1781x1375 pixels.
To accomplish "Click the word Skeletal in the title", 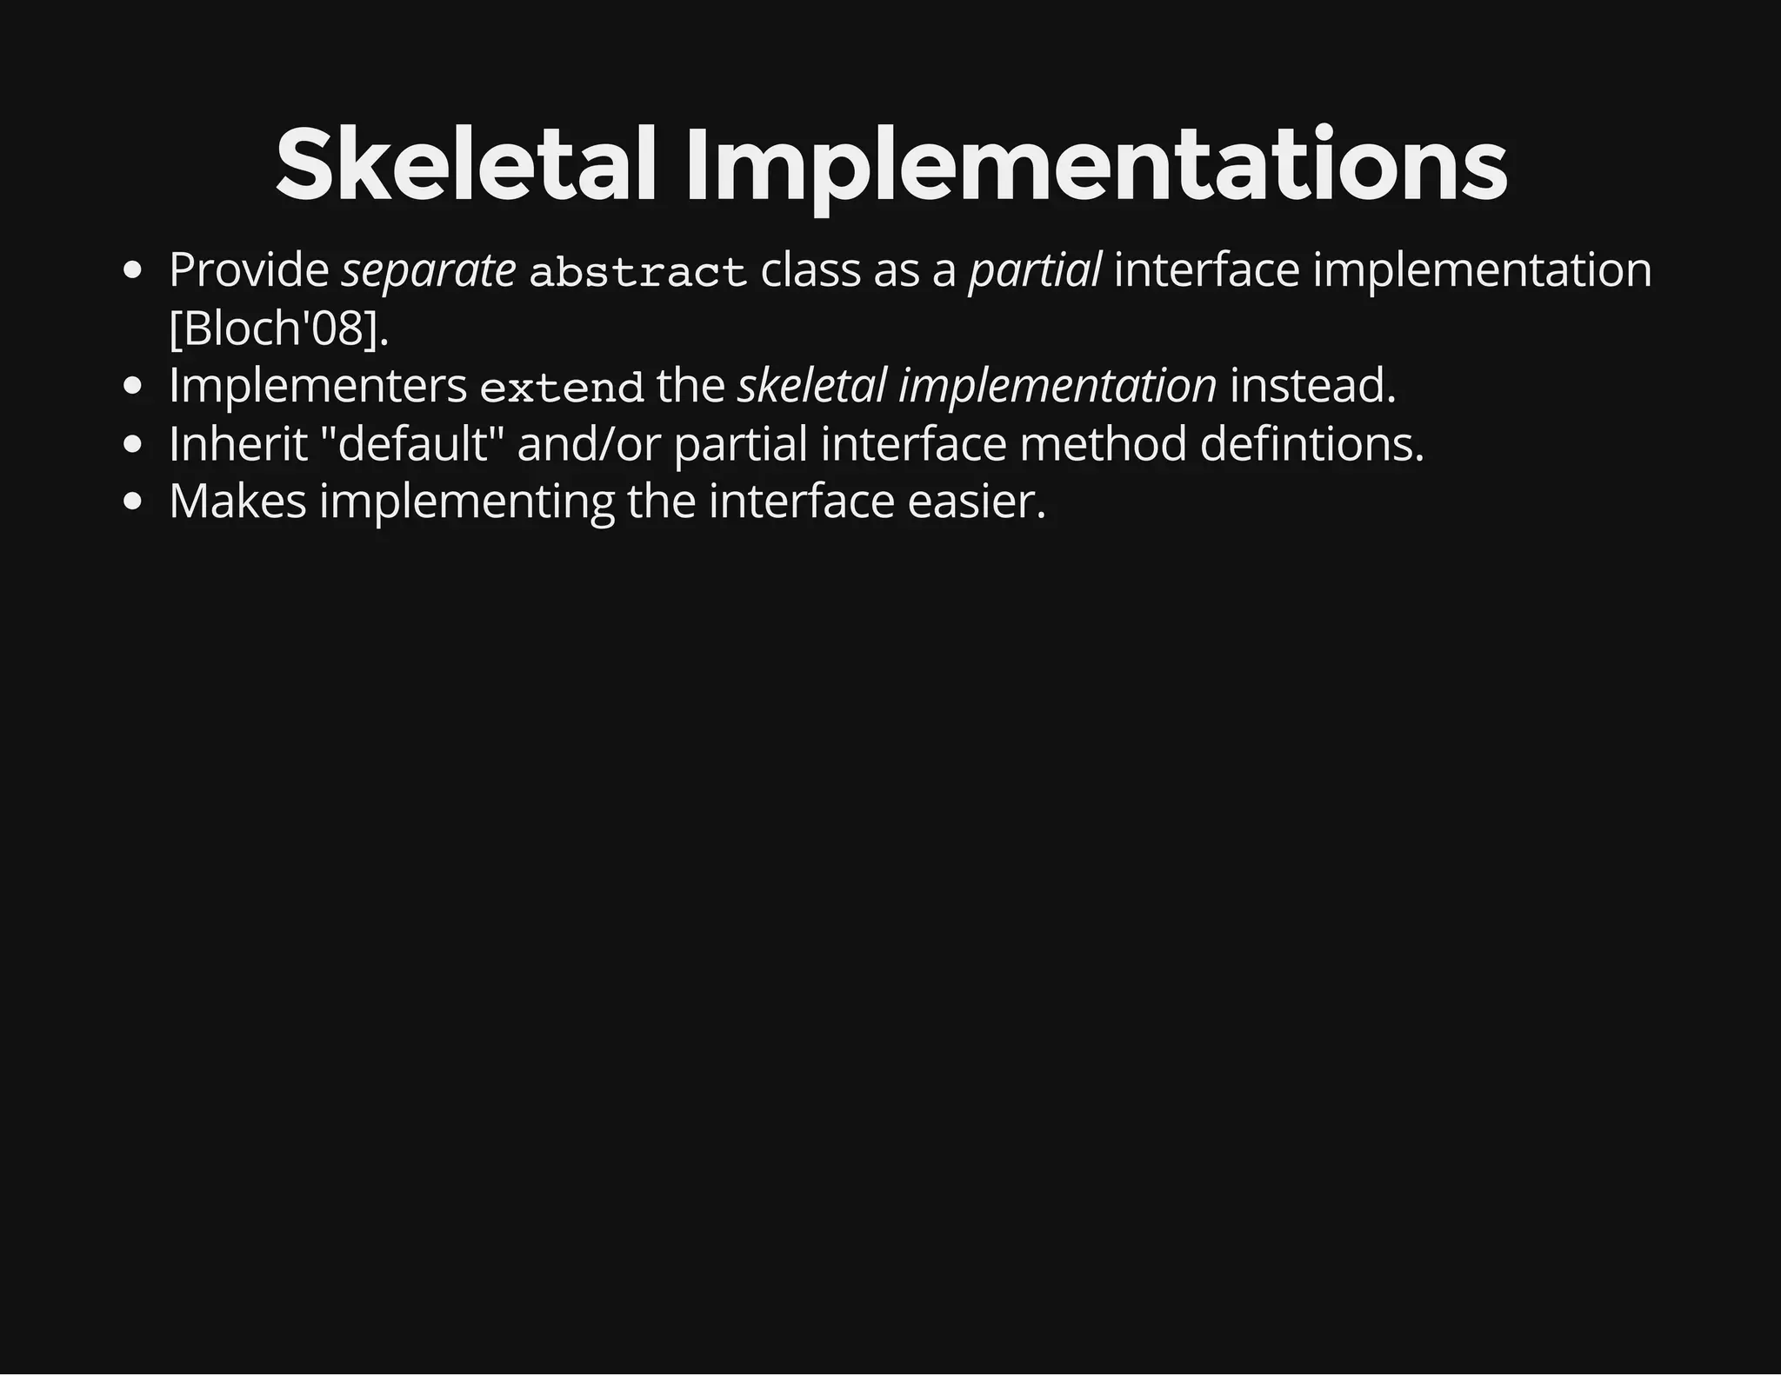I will tap(464, 165).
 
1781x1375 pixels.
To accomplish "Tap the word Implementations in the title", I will tap(1096, 165).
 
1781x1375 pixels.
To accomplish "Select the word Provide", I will tap(249, 270).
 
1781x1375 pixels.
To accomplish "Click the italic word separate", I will tap(429, 270).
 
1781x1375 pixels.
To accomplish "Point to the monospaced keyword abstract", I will tap(638, 272).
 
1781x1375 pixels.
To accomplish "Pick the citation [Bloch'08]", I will tap(278, 329).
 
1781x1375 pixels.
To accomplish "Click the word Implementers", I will tap(317, 386).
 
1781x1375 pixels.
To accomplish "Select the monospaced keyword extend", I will tap(562, 388).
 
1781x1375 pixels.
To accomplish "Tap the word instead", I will tap(1312, 386).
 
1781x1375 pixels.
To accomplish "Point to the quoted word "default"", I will tap(413, 444).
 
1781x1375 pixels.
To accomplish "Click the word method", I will tap(1103, 444).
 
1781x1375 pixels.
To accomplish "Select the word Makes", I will tap(237, 502).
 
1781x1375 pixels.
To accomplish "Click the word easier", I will tap(976, 502).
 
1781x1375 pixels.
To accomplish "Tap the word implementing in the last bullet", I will tap(467, 503).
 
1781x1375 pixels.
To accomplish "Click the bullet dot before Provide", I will tap(133, 271).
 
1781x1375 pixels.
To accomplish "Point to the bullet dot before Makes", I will tap(133, 502).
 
